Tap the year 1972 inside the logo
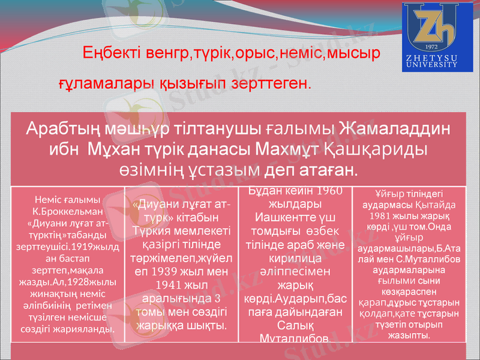click(430, 46)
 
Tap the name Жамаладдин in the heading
click(396, 128)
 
